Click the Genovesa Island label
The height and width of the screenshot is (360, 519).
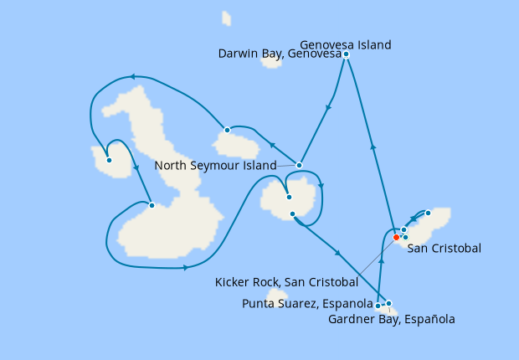coord(345,44)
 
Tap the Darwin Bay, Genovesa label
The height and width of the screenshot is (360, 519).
coord(279,54)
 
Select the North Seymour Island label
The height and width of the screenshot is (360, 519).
coord(215,166)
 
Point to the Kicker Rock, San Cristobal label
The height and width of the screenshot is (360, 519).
coord(286,283)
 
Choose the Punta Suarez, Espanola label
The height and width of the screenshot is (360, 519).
coord(308,303)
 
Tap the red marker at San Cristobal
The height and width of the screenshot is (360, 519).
coord(396,237)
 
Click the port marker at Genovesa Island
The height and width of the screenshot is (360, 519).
coord(346,54)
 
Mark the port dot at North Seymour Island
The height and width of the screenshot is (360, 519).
coord(299,165)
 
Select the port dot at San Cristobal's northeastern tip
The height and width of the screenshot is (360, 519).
coord(428,213)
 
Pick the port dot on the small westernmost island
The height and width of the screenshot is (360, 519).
coord(109,160)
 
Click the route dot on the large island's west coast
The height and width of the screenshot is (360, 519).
coord(151,205)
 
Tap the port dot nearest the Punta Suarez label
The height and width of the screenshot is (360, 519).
coord(378,306)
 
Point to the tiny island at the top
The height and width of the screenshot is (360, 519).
coord(226,18)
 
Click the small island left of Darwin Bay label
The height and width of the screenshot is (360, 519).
coord(272,62)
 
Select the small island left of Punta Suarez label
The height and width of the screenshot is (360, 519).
coord(277,297)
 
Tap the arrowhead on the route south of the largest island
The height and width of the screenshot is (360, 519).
coord(185,268)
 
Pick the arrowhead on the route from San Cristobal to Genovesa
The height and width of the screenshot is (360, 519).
coord(373,147)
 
